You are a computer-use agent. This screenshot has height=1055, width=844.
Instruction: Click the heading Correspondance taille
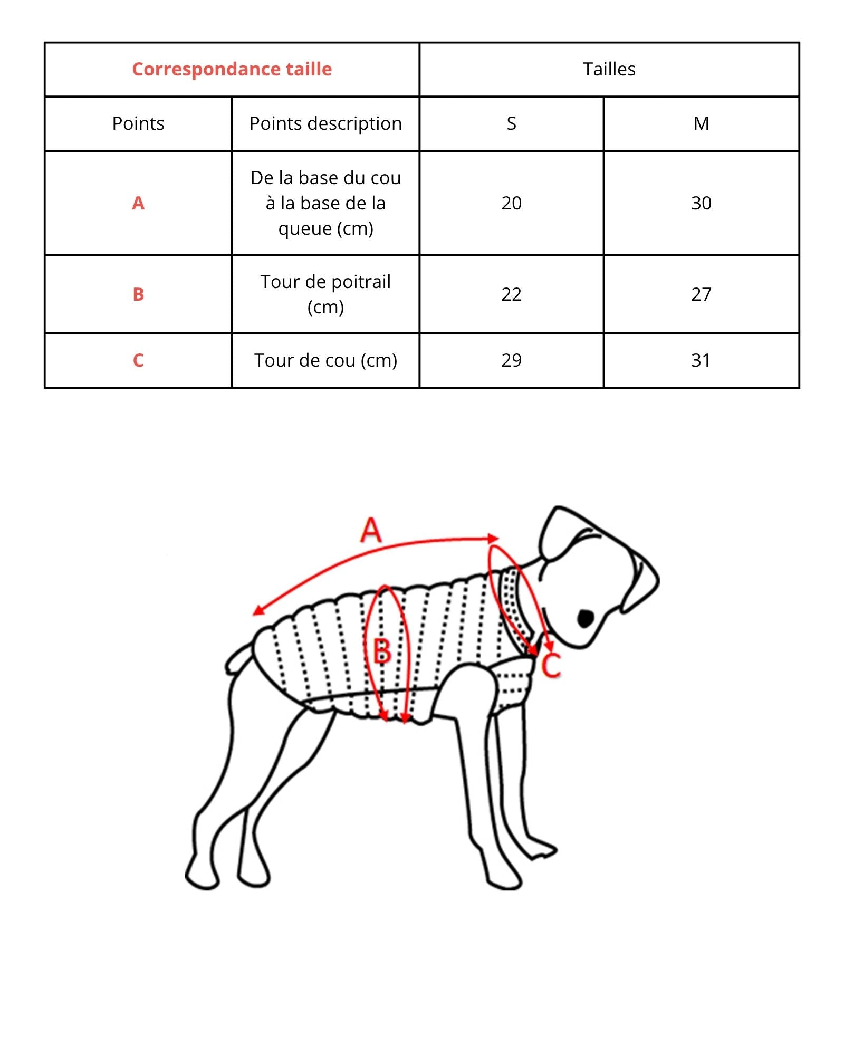(232, 69)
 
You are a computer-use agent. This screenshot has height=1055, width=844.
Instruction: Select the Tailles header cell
(609, 69)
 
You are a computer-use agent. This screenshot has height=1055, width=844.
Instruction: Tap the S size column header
(511, 123)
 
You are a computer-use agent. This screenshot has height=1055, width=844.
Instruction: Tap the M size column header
(701, 123)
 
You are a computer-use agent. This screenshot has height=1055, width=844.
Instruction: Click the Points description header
(325, 123)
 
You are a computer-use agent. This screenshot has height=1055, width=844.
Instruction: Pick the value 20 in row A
(511, 203)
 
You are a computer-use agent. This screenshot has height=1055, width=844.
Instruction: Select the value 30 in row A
(701, 203)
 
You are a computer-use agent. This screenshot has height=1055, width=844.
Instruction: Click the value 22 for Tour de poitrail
(511, 294)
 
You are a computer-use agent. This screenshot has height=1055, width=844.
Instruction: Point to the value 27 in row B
(701, 294)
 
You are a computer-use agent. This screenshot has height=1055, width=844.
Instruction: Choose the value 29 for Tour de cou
(511, 360)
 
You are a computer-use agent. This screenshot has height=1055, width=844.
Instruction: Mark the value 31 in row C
(701, 360)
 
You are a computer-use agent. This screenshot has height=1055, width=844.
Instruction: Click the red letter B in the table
(138, 294)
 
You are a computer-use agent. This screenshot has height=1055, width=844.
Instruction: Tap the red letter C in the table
(138, 360)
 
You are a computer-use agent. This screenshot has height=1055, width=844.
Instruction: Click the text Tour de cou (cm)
(325, 360)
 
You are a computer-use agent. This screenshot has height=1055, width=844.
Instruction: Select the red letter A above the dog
(371, 530)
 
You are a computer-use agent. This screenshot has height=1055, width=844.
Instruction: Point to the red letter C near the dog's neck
(552, 666)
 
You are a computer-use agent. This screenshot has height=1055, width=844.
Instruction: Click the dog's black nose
(586, 618)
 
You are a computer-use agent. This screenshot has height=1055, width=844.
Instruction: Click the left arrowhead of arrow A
(257, 612)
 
